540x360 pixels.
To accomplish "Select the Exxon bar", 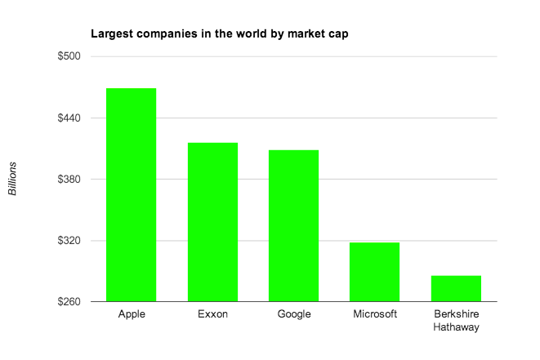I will tap(212, 222).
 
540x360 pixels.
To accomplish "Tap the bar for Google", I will tap(293, 225).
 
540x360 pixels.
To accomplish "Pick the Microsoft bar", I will tap(374, 272).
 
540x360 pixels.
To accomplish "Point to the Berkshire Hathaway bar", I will tap(456, 289).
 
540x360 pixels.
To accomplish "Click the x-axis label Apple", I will tap(132, 314).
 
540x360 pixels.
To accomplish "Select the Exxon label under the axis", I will tap(212, 314).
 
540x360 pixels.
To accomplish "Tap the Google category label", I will tap(294, 314).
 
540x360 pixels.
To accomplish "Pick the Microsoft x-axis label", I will tap(375, 314).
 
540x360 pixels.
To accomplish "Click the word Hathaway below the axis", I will tap(456, 327).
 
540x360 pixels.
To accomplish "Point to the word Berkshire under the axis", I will tap(456, 314).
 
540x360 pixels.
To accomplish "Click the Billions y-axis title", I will tap(13, 179).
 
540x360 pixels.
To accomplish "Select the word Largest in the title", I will tap(109, 35).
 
